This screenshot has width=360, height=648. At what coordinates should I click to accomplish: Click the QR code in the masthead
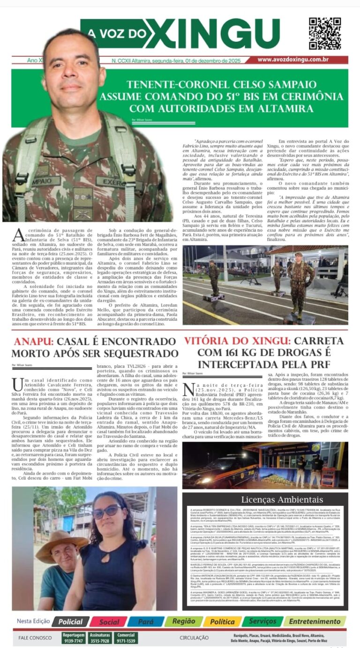pos(324,34)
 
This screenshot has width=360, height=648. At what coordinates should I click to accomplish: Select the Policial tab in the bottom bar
pos(70,621)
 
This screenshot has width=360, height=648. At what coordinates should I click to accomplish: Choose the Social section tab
pos(109,621)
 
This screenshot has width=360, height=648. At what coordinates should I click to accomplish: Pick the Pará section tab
pos(145,621)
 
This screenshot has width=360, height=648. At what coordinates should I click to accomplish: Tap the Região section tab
pos(183,621)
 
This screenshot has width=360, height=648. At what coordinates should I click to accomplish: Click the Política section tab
pos(222,621)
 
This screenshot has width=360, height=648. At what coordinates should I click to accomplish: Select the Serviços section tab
pos(262,621)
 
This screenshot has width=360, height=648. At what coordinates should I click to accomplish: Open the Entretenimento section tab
pos(315,621)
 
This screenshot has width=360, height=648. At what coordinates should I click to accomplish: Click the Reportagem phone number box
pos(74,638)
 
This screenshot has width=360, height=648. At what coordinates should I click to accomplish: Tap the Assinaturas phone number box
pos(100,638)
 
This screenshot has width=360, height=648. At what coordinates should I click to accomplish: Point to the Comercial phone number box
pos(126,638)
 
